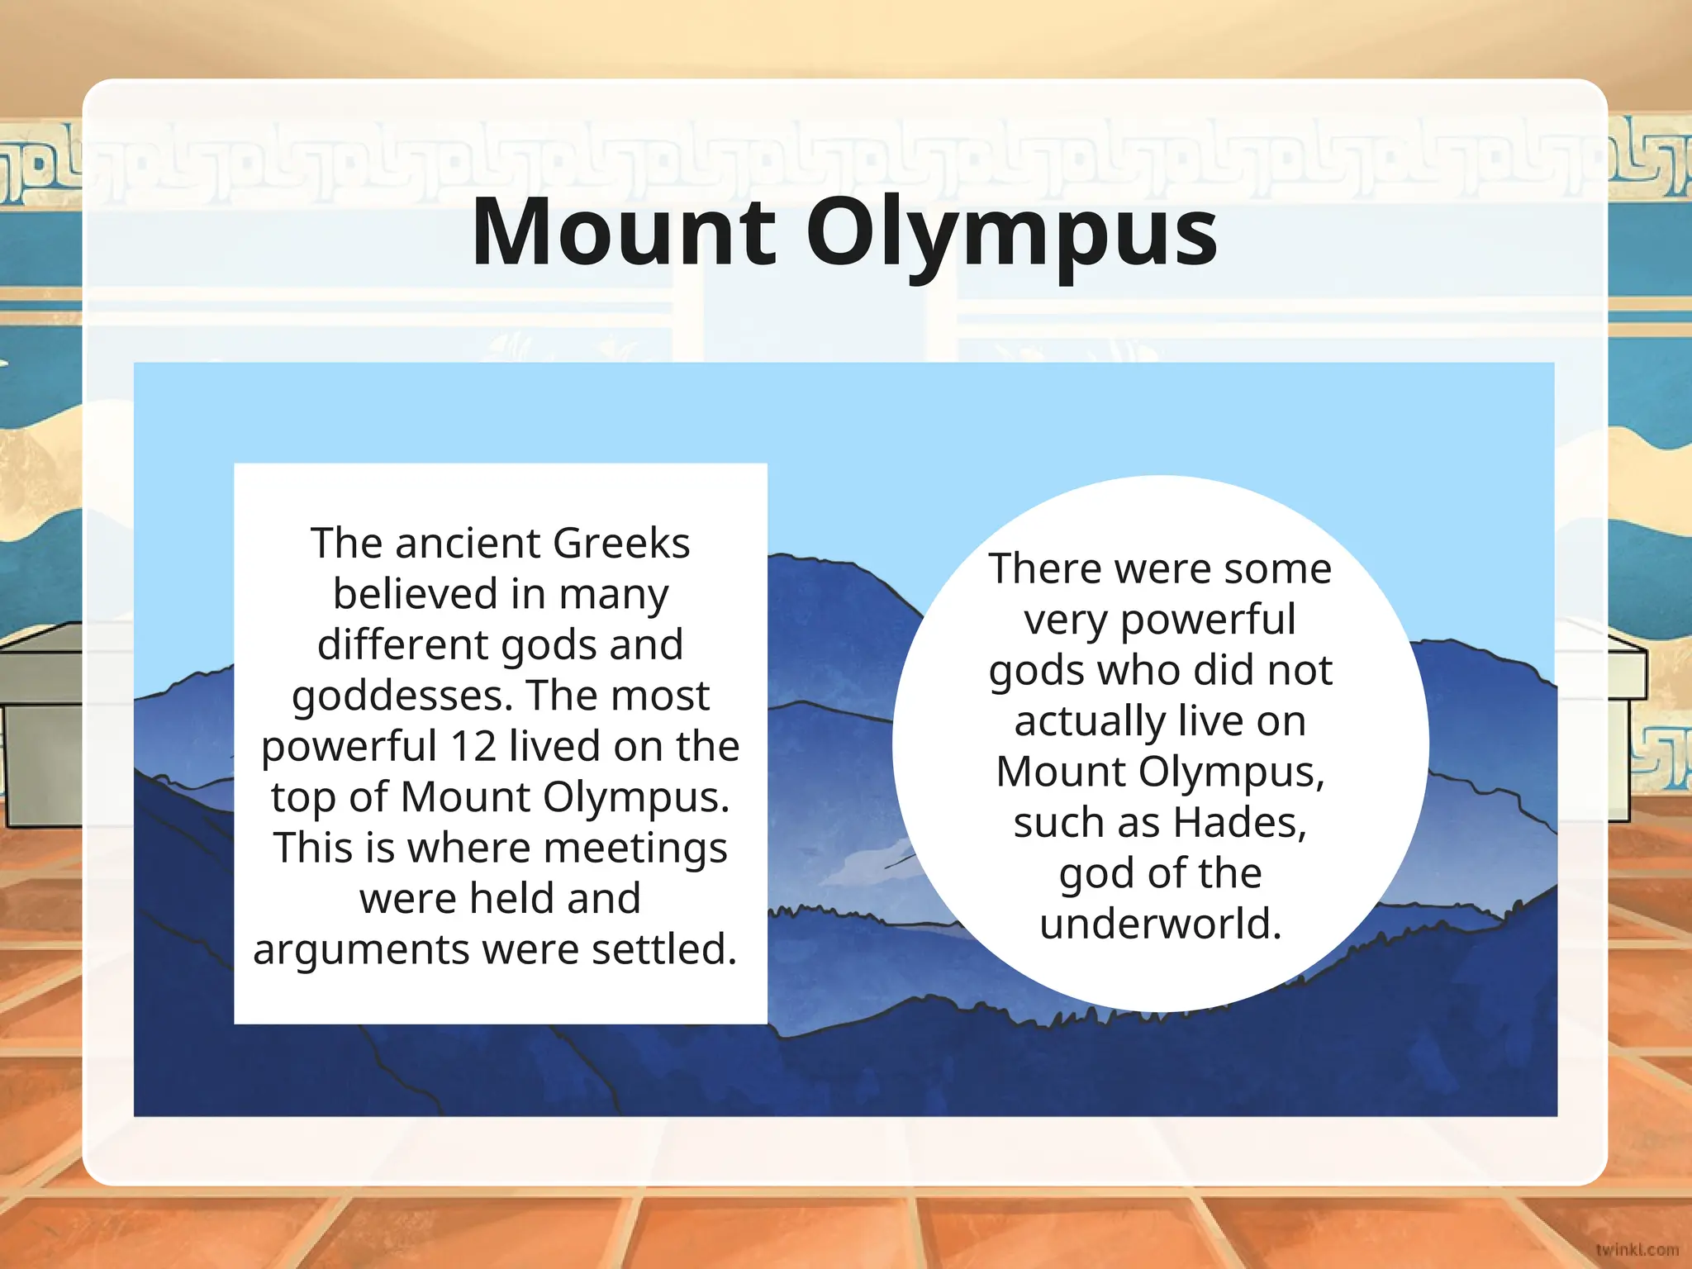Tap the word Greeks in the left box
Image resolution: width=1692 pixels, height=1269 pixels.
pyautogui.click(x=620, y=544)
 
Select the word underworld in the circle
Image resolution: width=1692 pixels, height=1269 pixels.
pyautogui.click(x=1160, y=924)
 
